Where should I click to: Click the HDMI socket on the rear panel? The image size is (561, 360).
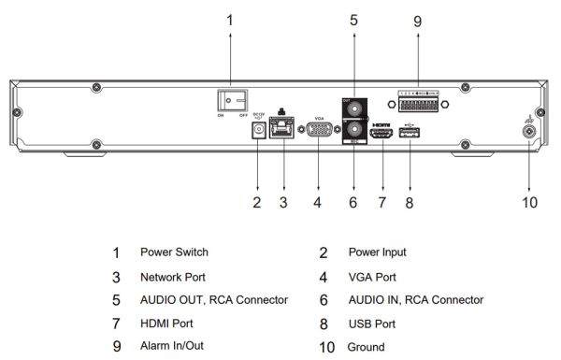coord(381,136)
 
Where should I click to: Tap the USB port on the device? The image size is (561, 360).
coord(410,136)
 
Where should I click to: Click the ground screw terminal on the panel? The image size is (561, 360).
coord(530,131)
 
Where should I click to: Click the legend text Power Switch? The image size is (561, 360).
coord(174,252)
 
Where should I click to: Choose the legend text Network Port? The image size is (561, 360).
coord(173,277)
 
